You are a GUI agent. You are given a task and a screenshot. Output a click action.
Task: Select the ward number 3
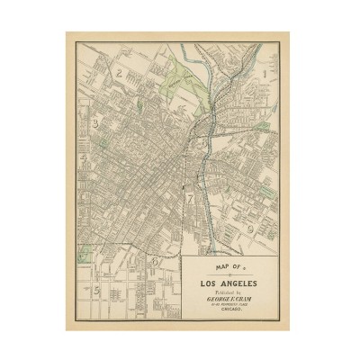point(94,124)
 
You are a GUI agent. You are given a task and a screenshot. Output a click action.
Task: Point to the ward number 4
point(84,158)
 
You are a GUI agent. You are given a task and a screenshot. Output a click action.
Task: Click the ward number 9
point(248,230)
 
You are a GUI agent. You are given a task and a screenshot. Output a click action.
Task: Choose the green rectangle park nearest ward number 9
point(265,193)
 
